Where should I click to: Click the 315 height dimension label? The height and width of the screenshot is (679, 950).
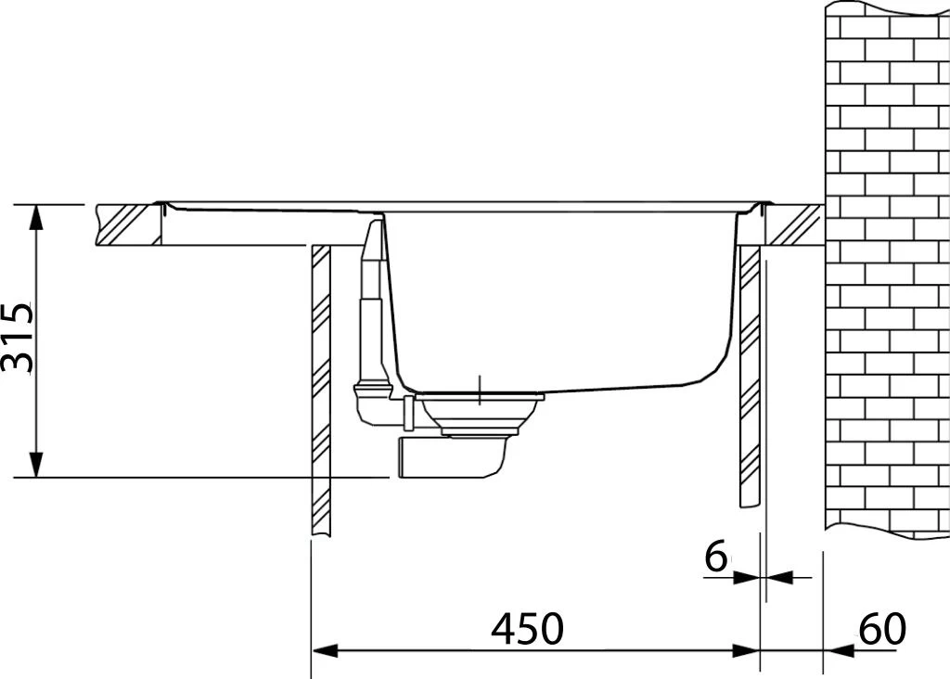[x=17, y=338]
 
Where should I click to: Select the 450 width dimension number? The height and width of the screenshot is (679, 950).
[x=527, y=628]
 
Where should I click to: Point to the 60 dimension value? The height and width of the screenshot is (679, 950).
[x=883, y=628]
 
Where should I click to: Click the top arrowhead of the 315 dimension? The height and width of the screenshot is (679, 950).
[x=37, y=217]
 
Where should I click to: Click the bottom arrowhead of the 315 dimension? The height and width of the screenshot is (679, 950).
[x=37, y=465]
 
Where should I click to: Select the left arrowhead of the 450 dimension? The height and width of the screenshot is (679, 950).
[x=325, y=651]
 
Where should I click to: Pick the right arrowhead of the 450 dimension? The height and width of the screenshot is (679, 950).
[x=746, y=651]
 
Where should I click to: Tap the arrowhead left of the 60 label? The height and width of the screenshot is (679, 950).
[x=839, y=651]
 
